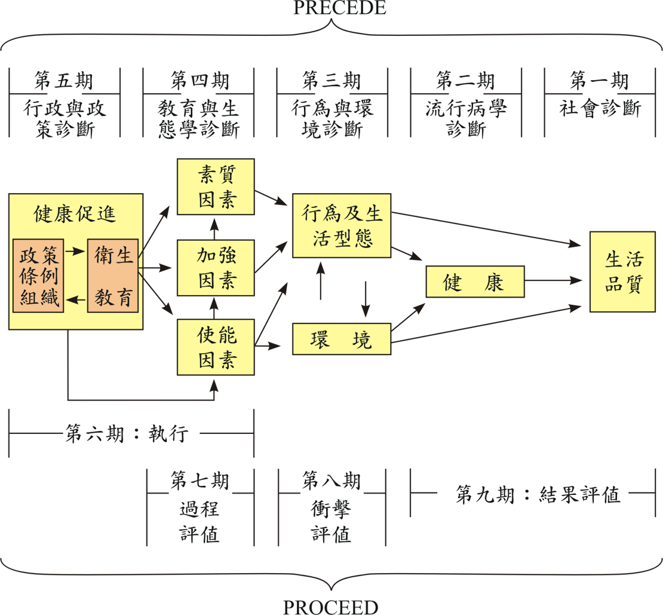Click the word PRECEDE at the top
click(331, 8)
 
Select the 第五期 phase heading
click(64, 80)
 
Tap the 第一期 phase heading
click(599, 80)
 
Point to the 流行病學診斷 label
click(466, 118)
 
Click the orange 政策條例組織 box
click(38, 276)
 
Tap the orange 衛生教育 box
click(113, 276)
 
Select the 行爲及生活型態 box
click(342, 226)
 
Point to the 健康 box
click(474, 282)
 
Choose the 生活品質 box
click(623, 272)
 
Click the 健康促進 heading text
click(75, 213)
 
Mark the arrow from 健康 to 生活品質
click(555, 280)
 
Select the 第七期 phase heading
click(199, 480)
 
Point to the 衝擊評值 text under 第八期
click(331, 521)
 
